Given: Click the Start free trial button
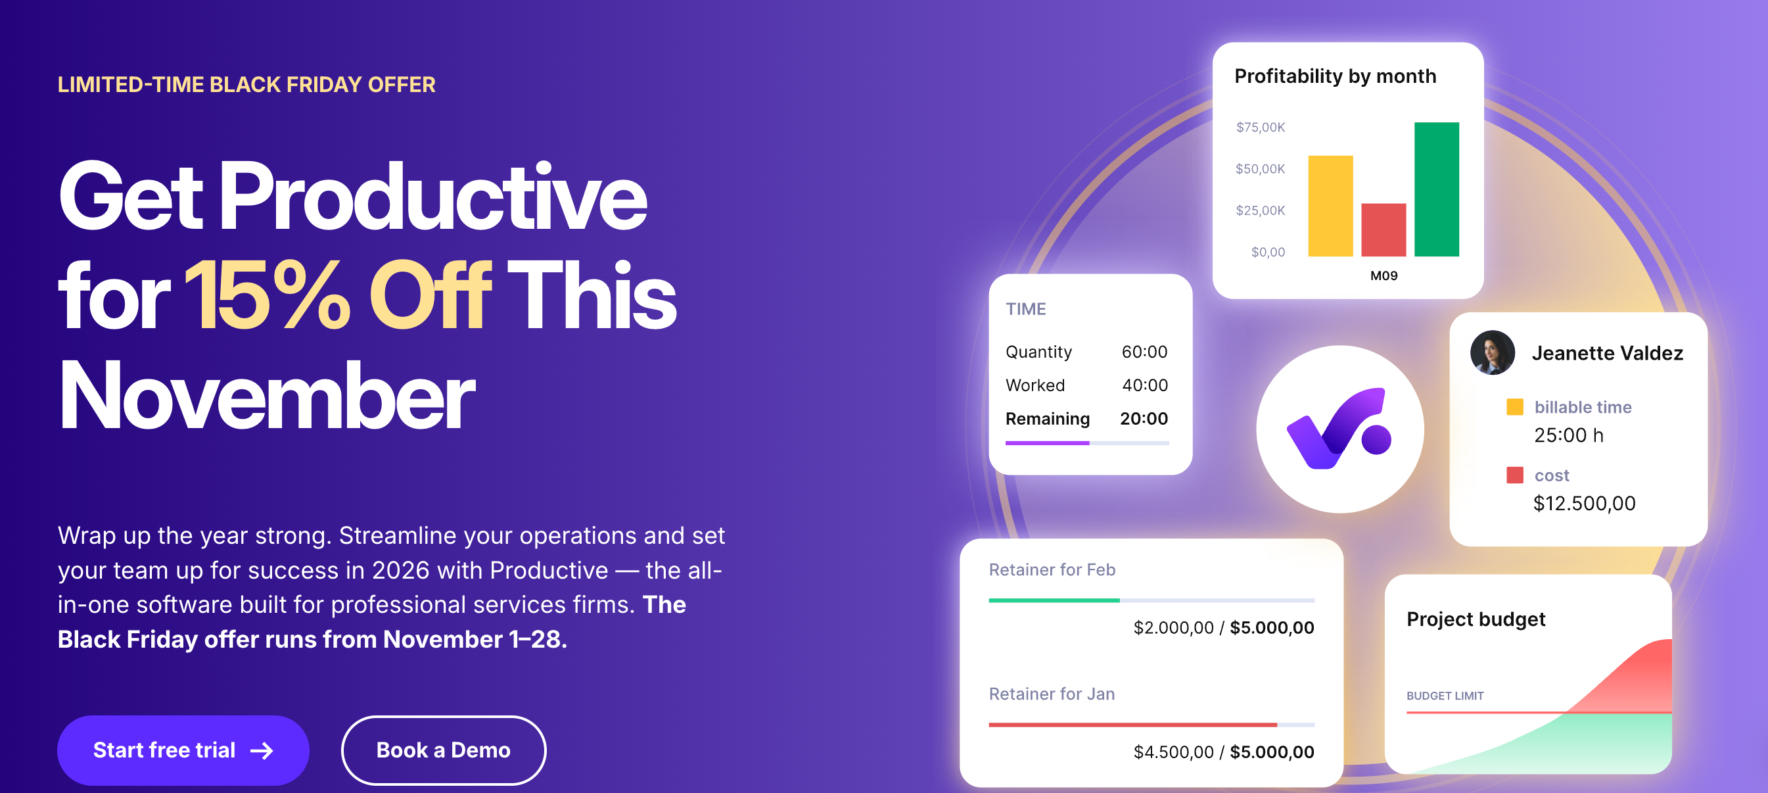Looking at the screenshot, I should click(183, 750).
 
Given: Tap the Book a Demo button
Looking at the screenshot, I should click(444, 750).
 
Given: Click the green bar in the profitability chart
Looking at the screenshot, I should click(1436, 189).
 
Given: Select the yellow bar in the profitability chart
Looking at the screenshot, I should click(1330, 206).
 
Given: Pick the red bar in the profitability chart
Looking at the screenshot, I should click(1383, 230).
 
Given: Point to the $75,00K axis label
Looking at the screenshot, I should click(1260, 127).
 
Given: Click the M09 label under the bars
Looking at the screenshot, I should click(1384, 276).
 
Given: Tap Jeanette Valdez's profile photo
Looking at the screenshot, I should click(1492, 353).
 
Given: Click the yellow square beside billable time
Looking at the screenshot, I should click(1515, 407).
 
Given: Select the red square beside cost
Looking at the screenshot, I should click(1515, 475).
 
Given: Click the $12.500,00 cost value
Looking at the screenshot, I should click(1584, 503).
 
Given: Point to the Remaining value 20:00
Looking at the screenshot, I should click(1144, 419).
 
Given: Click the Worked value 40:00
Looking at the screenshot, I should click(1145, 385).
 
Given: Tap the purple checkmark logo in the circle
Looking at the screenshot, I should click(1338, 430).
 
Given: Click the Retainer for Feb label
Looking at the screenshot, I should click(1052, 570).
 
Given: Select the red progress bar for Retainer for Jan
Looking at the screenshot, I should click(1132, 725).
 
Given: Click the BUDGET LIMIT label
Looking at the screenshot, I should click(1445, 696).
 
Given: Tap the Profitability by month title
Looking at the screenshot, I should click(1335, 76).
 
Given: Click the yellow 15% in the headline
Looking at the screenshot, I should click(267, 295).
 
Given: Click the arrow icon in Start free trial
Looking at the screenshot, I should click(262, 750).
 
